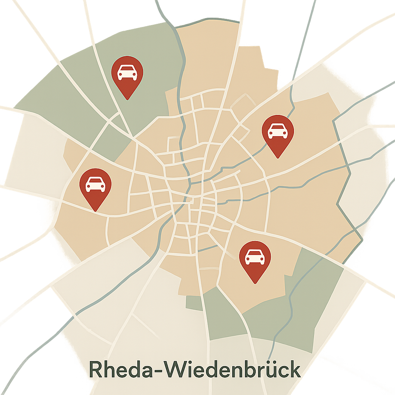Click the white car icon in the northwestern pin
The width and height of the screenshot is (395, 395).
coord(127,73)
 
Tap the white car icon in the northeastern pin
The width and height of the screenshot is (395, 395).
coord(278,131)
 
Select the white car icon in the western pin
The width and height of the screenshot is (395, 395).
coord(95,184)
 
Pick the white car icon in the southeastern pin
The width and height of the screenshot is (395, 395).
coord(255,257)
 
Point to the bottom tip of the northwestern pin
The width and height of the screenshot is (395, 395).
coord(127,99)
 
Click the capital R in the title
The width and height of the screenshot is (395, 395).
coord(96,370)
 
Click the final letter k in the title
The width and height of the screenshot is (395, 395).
coord(294,370)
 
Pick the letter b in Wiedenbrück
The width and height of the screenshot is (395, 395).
coord(250,370)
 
